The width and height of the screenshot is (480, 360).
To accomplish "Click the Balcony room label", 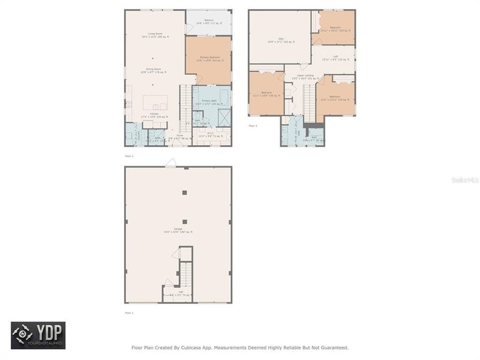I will click(209, 22).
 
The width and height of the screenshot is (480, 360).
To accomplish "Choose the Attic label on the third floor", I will click(281, 40).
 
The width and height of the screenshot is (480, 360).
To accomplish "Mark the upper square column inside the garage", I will click(184, 193).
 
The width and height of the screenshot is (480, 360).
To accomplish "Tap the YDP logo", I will click(38, 335).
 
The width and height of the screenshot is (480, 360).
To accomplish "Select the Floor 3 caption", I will click(253, 126).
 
